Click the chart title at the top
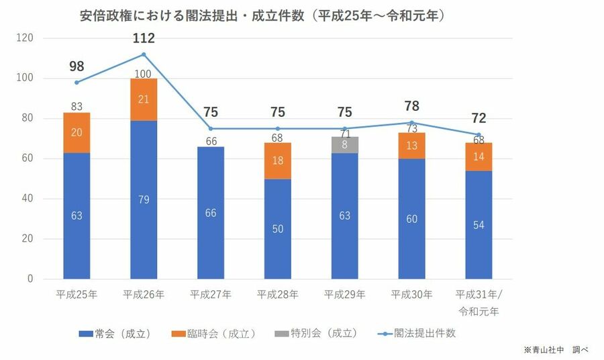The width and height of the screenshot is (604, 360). [x=262, y=15]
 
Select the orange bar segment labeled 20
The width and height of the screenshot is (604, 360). [x=77, y=132]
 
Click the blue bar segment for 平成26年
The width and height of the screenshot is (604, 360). [x=144, y=199]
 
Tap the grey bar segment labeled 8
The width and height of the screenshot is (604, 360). [x=345, y=144]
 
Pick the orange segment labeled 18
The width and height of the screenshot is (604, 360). [x=278, y=161]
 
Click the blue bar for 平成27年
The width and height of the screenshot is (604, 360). [x=211, y=212]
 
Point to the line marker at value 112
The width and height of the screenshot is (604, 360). [x=144, y=54]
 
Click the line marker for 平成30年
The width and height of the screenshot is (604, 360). [x=411, y=122]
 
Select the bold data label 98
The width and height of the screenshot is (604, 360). [x=77, y=66]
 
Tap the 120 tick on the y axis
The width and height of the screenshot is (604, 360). [x=25, y=38]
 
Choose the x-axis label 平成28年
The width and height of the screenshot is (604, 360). [x=278, y=294]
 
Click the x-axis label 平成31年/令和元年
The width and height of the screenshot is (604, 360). [x=479, y=302]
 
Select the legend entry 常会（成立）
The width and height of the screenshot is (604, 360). [x=114, y=333]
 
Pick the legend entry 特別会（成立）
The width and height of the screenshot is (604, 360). [x=315, y=333]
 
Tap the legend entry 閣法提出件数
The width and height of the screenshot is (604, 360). [x=416, y=333]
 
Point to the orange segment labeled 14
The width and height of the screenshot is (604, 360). [x=479, y=156]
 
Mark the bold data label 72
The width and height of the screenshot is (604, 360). [x=479, y=119]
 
